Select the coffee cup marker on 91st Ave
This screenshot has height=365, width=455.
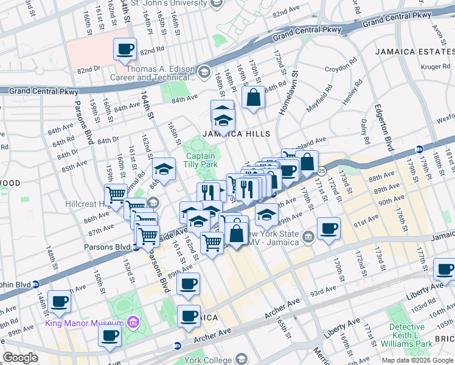point(328,229)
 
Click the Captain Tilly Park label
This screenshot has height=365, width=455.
point(201,160)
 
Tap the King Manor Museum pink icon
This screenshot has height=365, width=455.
point(133,322)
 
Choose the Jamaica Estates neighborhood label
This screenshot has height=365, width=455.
point(414,52)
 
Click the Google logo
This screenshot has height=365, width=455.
point(21,358)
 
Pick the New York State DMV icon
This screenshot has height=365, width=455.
point(308,235)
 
